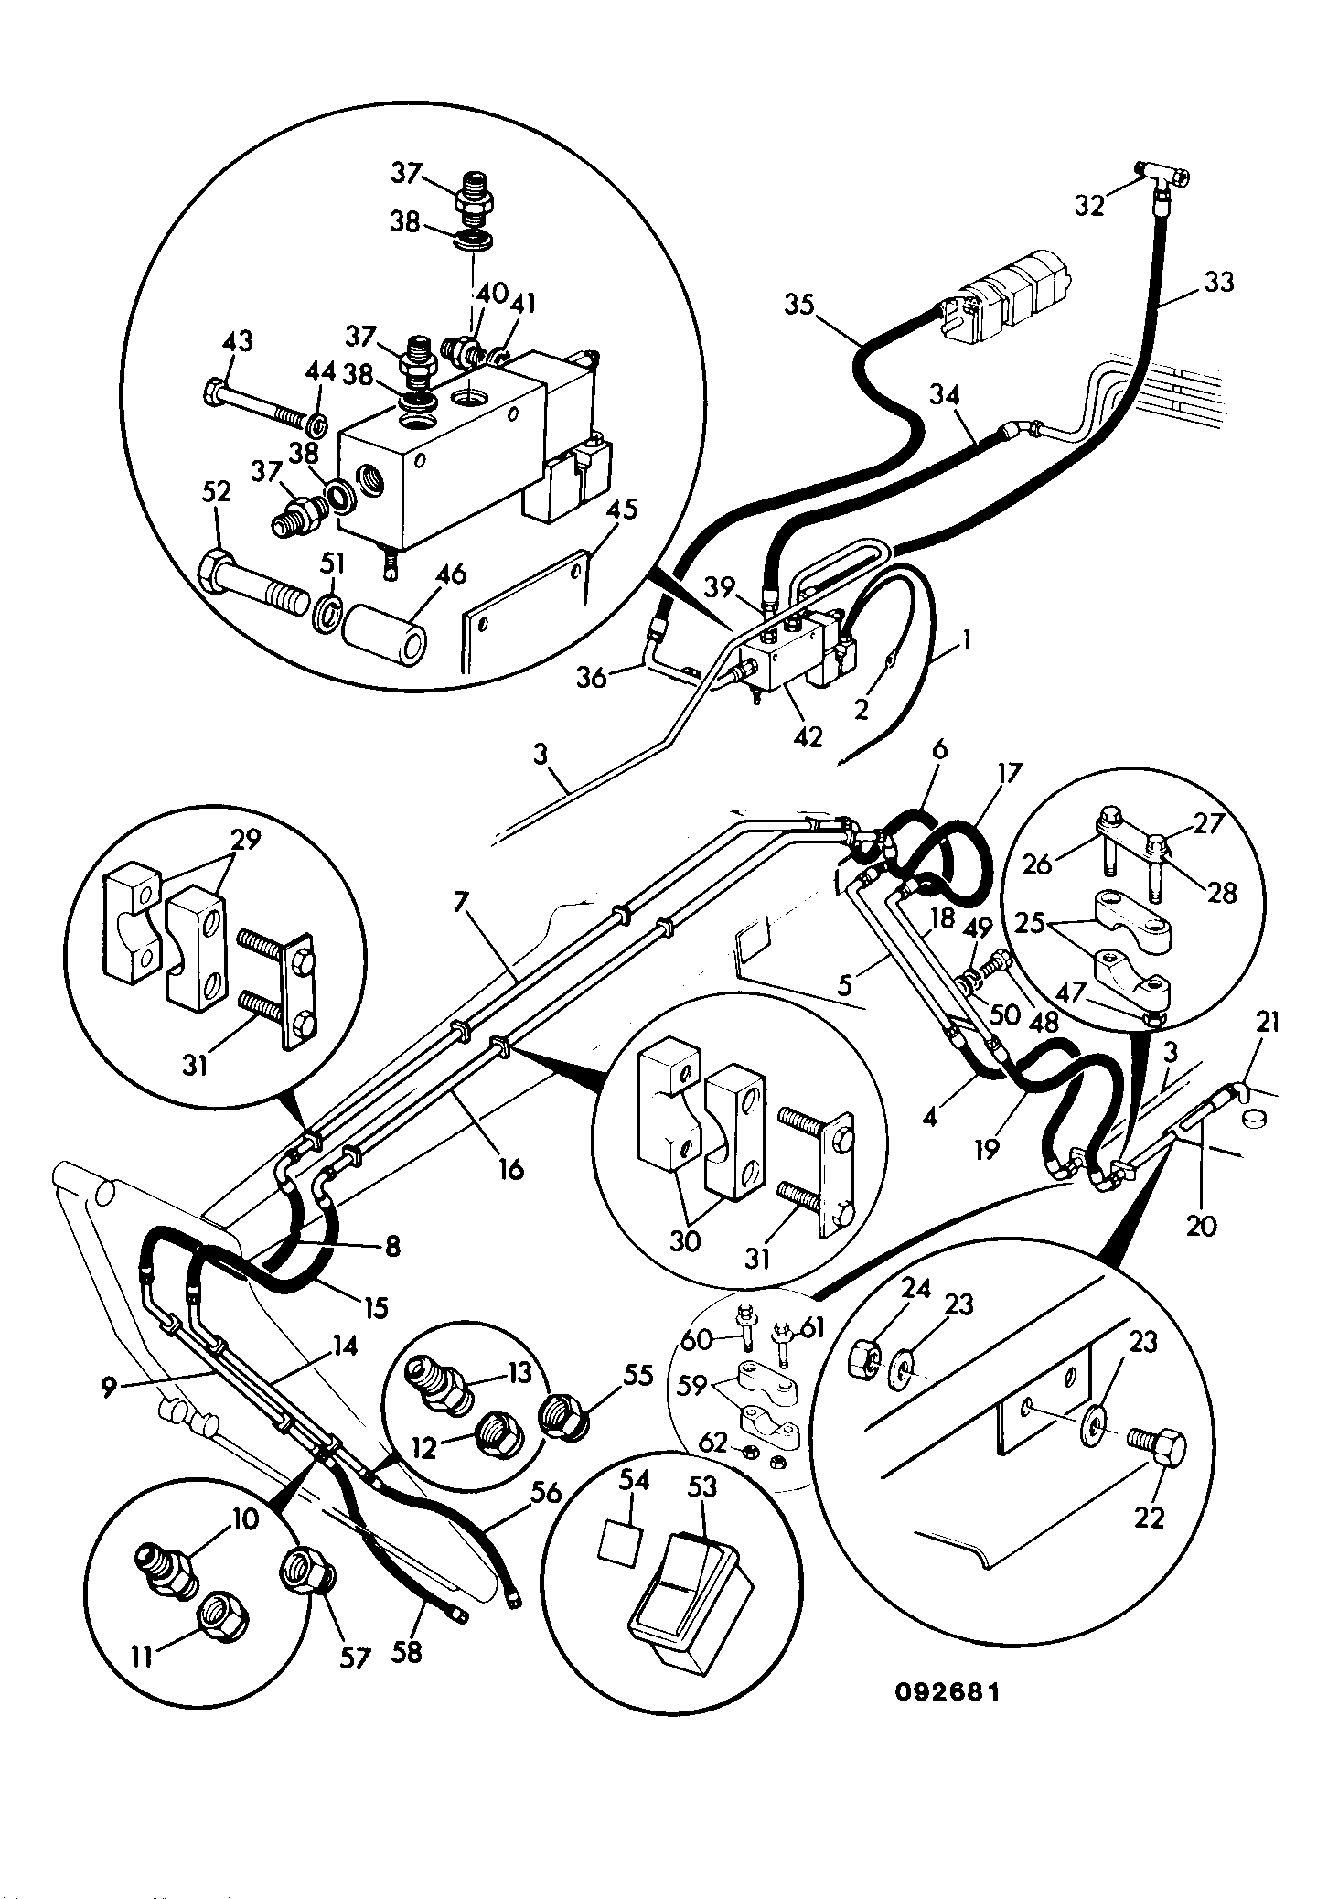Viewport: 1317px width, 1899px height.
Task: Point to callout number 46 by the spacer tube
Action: coord(449,574)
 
